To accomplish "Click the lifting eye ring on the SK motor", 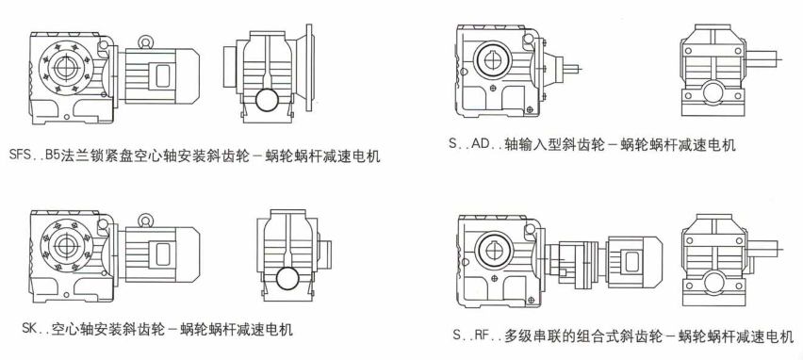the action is click(146, 220).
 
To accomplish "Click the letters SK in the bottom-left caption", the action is click(32, 329).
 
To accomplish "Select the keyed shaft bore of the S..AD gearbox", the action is click(491, 60).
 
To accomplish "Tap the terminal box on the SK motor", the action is click(163, 254).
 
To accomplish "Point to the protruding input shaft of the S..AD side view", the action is click(571, 67).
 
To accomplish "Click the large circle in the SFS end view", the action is click(269, 101).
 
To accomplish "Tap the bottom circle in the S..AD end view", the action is click(713, 93).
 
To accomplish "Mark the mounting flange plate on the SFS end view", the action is click(308, 68).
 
